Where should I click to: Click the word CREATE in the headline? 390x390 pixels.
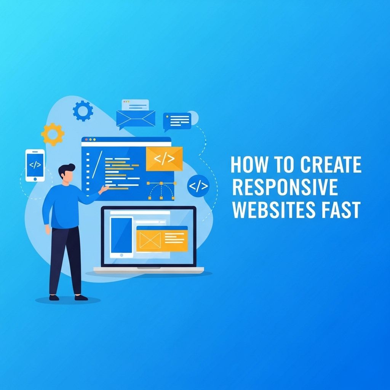coord(331,164)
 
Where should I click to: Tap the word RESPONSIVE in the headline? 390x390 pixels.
coord(285,187)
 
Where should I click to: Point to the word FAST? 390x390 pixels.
coord(340,209)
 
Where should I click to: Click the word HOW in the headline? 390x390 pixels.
coord(249,164)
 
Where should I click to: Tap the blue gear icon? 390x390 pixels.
coord(83,111)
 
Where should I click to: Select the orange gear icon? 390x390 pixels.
coord(53,134)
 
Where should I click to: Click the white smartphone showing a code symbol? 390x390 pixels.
coord(35,165)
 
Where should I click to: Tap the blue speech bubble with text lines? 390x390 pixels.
coord(177,121)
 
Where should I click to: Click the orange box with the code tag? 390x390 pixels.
coord(164,159)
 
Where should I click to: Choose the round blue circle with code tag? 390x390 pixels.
coord(198,186)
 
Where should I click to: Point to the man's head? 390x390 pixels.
coord(66,173)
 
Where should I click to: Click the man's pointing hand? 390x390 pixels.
coord(104,190)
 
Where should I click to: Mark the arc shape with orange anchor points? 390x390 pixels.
coord(161,191)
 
